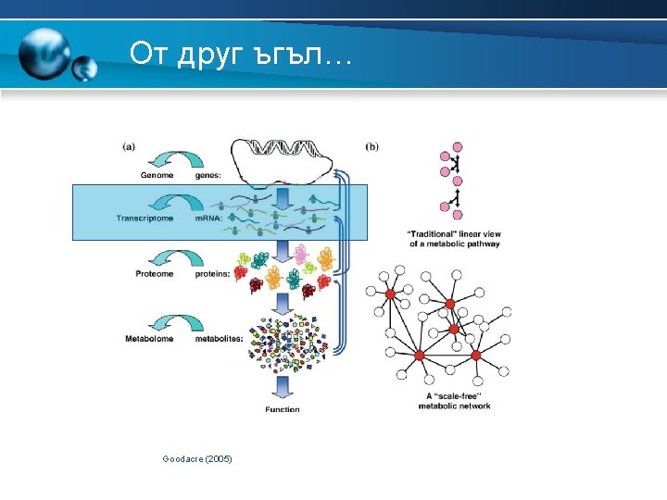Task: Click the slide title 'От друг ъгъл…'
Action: (x=239, y=54)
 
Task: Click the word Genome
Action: (x=157, y=176)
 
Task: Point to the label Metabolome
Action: (x=150, y=339)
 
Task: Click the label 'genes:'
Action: (x=208, y=176)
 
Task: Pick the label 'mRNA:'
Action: (x=208, y=219)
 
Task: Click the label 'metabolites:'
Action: (x=220, y=339)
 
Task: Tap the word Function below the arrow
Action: (x=283, y=409)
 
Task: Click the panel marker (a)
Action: (x=129, y=145)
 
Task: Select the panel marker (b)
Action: (x=371, y=145)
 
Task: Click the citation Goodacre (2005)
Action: (x=197, y=459)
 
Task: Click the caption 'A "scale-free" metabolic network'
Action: (x=454, y=401)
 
